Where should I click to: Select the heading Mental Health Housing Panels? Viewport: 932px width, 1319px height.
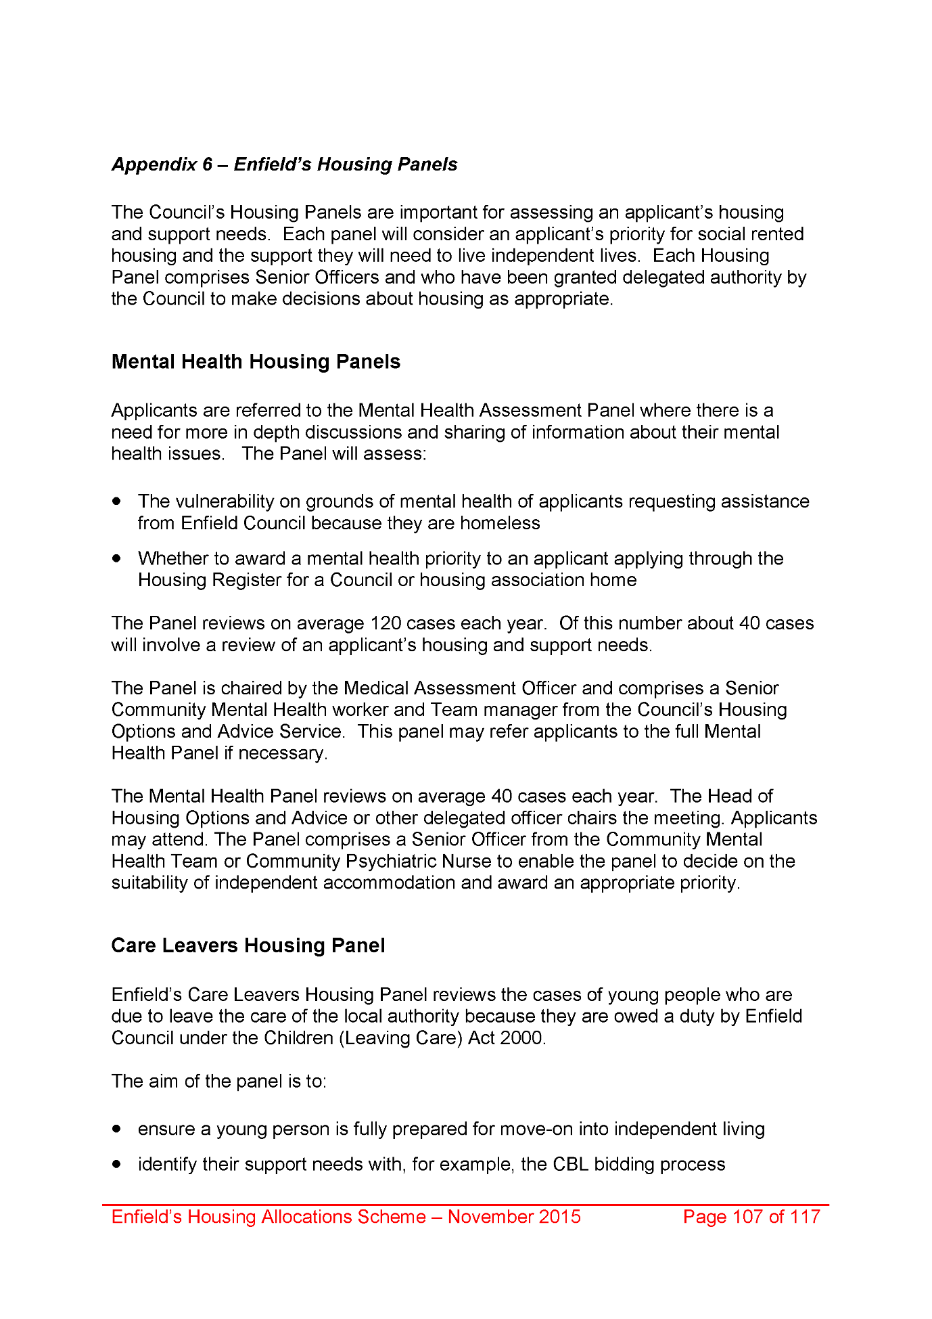(x=256, y=362)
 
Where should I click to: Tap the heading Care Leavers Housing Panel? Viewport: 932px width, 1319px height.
(x=248, y=945)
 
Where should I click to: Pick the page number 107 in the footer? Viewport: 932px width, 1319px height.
(x=747, y=1217)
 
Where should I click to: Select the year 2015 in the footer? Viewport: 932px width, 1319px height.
(x=557, y=1217)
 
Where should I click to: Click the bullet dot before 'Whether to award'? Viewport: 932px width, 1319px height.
(x=118, y=558)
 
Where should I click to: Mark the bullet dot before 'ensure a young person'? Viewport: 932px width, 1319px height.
(x=118, y=1129)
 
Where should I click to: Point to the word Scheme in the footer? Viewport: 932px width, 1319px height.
(x=391, y=1217)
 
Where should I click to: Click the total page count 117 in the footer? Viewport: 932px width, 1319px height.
(x=805, y=1217)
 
